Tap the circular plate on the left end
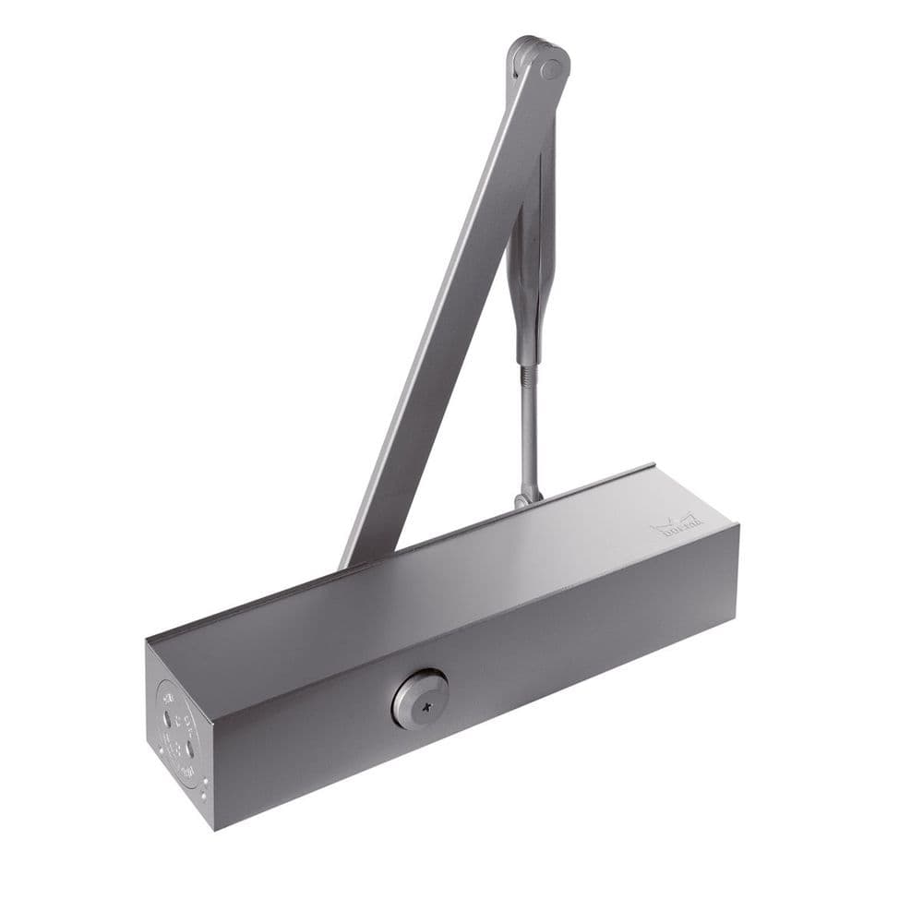(x=177, y=734)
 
